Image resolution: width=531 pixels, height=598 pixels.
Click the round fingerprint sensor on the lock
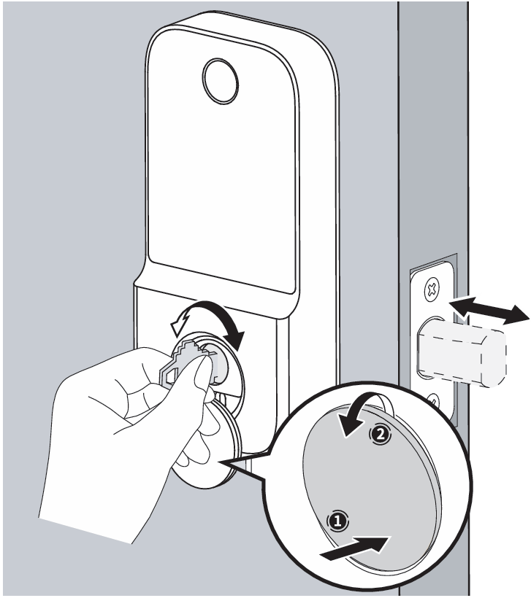(221, 80)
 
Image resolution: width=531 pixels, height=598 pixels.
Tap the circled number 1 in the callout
(337, 520)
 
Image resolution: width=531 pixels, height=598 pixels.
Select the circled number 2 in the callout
(380, 435)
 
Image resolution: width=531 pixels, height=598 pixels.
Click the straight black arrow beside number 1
(354, 548)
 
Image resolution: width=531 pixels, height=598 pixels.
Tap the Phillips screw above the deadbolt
(432, 288)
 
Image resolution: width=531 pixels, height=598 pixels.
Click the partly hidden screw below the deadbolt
(433, 400)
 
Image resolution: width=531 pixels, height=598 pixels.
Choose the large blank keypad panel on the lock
(222, 156)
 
